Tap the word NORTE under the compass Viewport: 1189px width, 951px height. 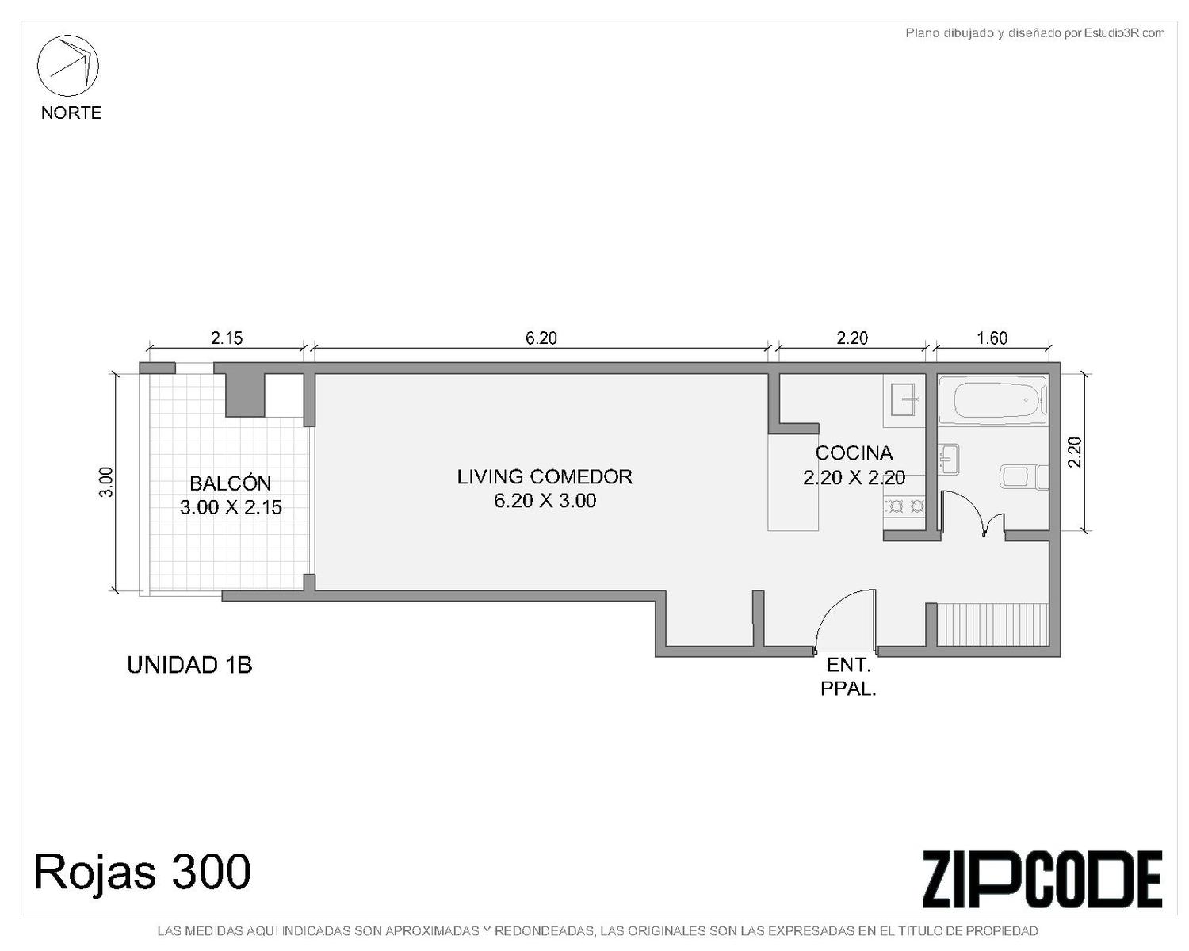(71, 113)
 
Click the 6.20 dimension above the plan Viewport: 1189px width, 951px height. (541, 338)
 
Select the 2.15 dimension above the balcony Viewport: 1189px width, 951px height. (227, 338)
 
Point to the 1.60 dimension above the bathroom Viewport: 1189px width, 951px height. (992, 338)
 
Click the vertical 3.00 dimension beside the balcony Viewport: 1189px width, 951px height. (106, 482)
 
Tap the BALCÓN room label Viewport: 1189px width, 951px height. (230, 483)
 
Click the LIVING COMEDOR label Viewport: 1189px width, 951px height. (545, 476)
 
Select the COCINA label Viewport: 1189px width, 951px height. (854, 453)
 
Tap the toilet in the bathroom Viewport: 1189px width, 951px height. (1025, 477)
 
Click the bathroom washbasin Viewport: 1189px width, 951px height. (948, 458)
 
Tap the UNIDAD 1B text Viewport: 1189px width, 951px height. (189, 666)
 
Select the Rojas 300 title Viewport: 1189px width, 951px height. (143, 872)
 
